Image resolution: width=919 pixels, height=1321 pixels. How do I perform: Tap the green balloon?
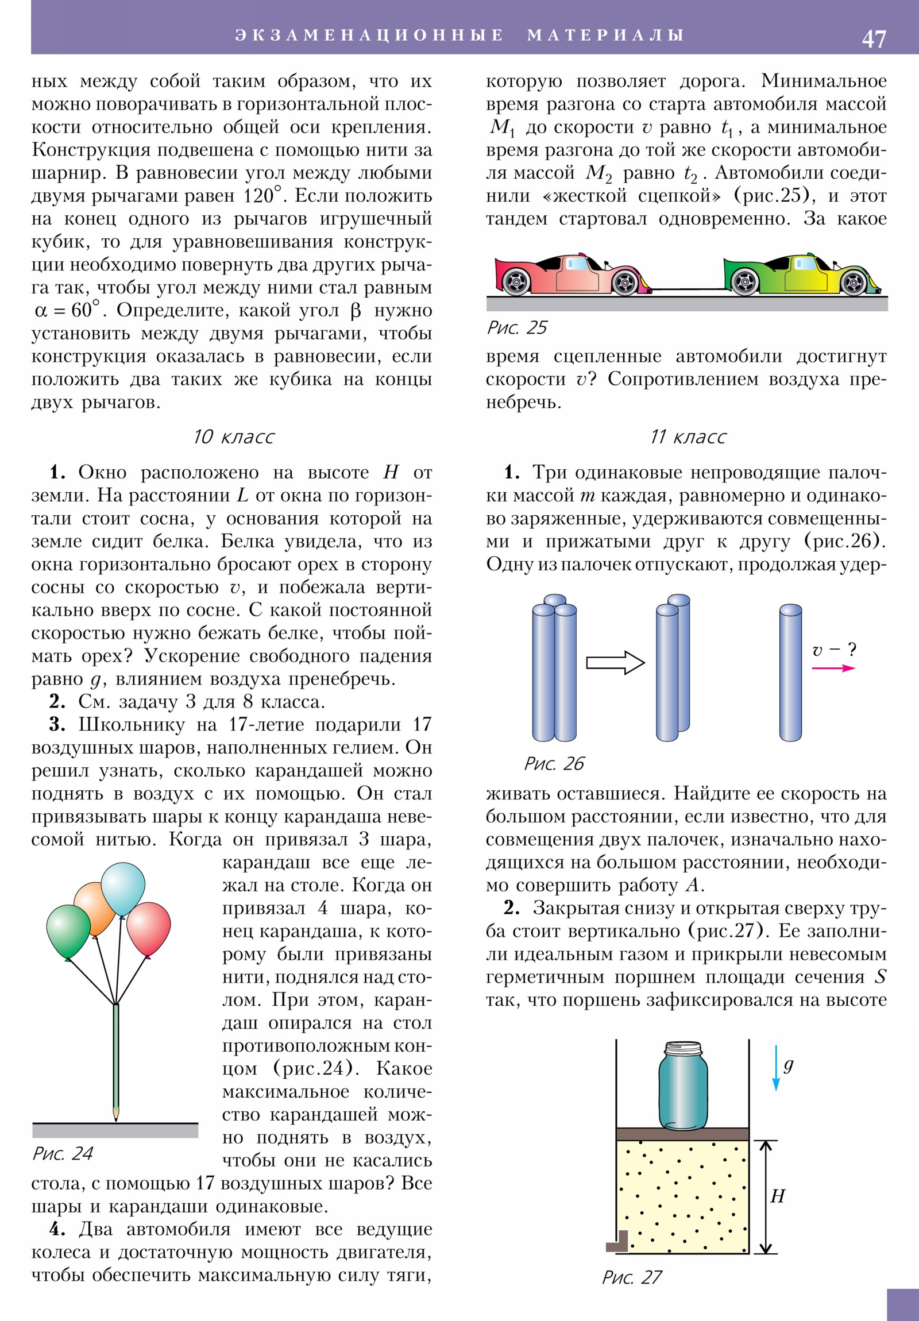pyautogui.click(x=67, y=930)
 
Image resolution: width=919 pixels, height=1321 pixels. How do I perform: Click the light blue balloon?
pyautogui.click(x=122, y=888)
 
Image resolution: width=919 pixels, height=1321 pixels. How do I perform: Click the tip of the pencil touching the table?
pyautogui.click(x=116, y=1118)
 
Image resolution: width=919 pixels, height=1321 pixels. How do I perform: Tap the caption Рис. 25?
pyautogui.click(x=516, y=328)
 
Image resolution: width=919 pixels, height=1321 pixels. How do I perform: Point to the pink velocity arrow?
pyautogui.click(x=833, y=668)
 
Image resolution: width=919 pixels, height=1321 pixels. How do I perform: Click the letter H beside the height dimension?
pyautogui.click(x=778, y=1197)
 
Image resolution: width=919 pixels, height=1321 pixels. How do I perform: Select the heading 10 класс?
pyautogui.click(x=233, y=437)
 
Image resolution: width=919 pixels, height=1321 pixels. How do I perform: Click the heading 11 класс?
pyautogui.click(x=688, y=437)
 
